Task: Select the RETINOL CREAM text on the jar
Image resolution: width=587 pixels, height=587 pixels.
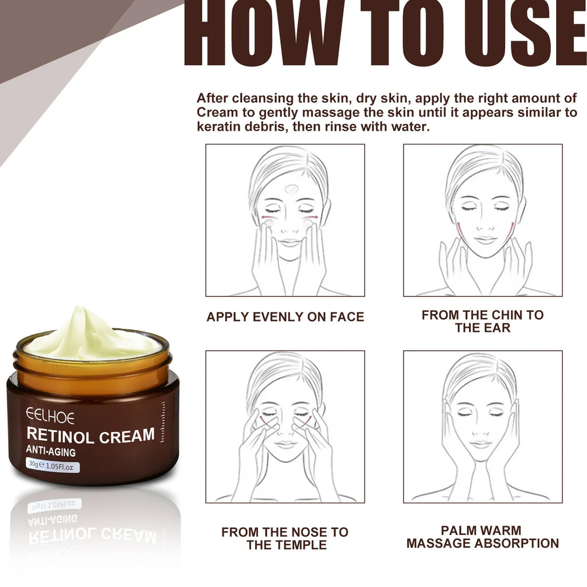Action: tap(90, 436)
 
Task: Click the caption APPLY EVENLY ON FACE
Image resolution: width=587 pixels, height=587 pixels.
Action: tap(285, 317)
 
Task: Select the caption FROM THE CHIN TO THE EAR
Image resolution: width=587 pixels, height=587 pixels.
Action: tap(483, 321)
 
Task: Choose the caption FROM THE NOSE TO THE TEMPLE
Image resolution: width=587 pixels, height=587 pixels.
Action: tap(285, 538)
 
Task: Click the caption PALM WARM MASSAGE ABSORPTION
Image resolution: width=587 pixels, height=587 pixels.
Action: tap(483, 537)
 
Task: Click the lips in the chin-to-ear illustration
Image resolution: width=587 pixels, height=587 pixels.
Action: tap(486, 240)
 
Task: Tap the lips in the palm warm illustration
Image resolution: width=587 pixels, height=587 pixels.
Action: tap(480, 444)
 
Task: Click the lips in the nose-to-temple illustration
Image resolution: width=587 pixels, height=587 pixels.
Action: tap(285, 444)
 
